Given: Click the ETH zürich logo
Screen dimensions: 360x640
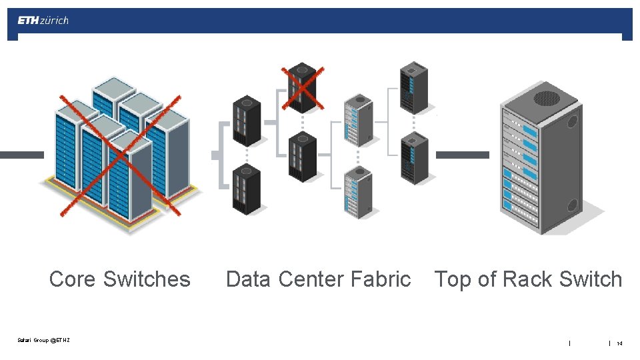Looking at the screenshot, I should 43,21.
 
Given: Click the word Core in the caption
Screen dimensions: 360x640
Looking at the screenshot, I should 73,279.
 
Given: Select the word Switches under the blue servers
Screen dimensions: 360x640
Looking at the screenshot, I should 147,279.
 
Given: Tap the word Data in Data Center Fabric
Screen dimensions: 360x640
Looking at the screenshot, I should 248,279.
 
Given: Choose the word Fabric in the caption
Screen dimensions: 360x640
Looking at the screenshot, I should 382,279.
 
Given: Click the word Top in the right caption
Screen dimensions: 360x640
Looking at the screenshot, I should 454,279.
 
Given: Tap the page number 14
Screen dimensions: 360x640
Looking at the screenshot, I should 619,343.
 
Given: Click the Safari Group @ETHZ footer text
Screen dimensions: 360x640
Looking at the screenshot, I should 44,341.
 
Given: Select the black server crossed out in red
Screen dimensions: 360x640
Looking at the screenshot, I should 302,87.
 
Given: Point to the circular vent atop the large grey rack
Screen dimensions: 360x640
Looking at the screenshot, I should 546,98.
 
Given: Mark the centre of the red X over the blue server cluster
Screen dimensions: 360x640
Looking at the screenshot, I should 120,156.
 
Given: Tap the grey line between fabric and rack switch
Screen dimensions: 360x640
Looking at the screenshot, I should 462,155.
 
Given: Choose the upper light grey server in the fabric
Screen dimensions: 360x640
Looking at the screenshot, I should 357,120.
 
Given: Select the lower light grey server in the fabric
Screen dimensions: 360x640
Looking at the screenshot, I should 357,192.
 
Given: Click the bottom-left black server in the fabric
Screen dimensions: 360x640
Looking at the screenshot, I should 246,189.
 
